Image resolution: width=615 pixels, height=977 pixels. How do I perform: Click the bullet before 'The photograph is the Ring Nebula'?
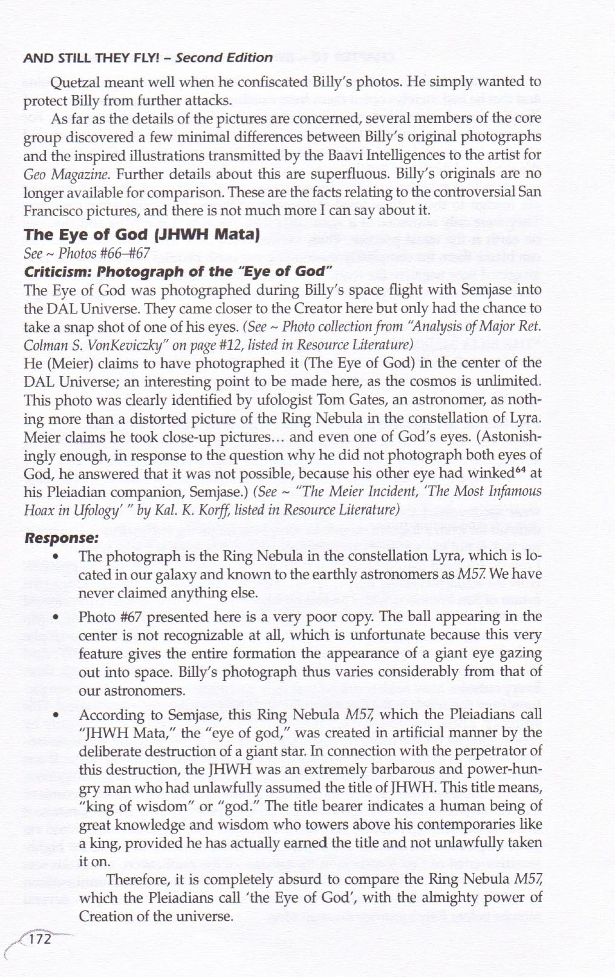point(56,556)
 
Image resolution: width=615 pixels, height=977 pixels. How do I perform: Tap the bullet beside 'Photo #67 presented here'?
point(56,617)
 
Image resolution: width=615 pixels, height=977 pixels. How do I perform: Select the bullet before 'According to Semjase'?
point(56,715)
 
